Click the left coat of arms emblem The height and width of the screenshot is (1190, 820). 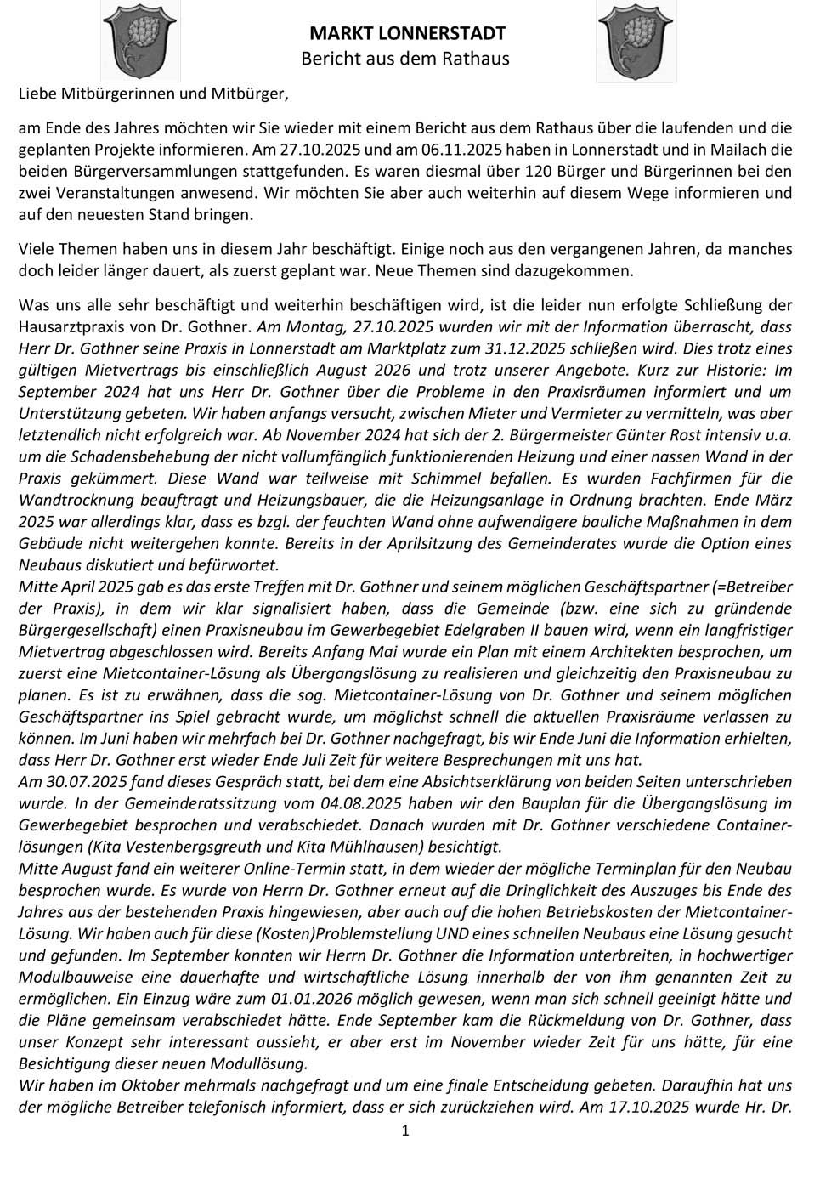click(139, 40)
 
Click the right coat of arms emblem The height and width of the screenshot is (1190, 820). click(636, 40)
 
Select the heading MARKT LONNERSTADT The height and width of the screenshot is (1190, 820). click(407, 34)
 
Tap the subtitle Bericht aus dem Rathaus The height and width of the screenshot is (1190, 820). click(405, 59)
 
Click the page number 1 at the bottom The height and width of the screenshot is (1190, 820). click(405, 1130)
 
